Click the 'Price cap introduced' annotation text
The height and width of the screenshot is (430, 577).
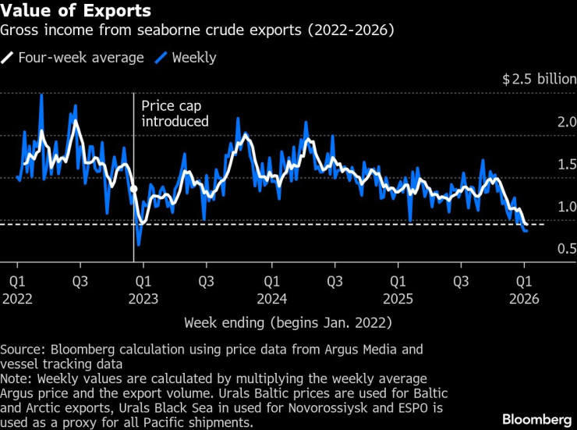click(x=175, y=113)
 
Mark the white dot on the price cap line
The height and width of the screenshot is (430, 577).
click(x=133, y=189)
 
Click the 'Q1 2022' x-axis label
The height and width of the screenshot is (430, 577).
click(x=16, y=288)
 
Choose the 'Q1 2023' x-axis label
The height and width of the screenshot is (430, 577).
click(x=143, y=288)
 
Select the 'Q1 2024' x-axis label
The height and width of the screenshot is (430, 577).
click(x=270, y=288)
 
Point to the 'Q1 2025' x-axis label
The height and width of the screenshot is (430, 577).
click(x=397, y=288)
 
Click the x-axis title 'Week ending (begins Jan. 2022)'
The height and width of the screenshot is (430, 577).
click(x=288, y=322)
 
